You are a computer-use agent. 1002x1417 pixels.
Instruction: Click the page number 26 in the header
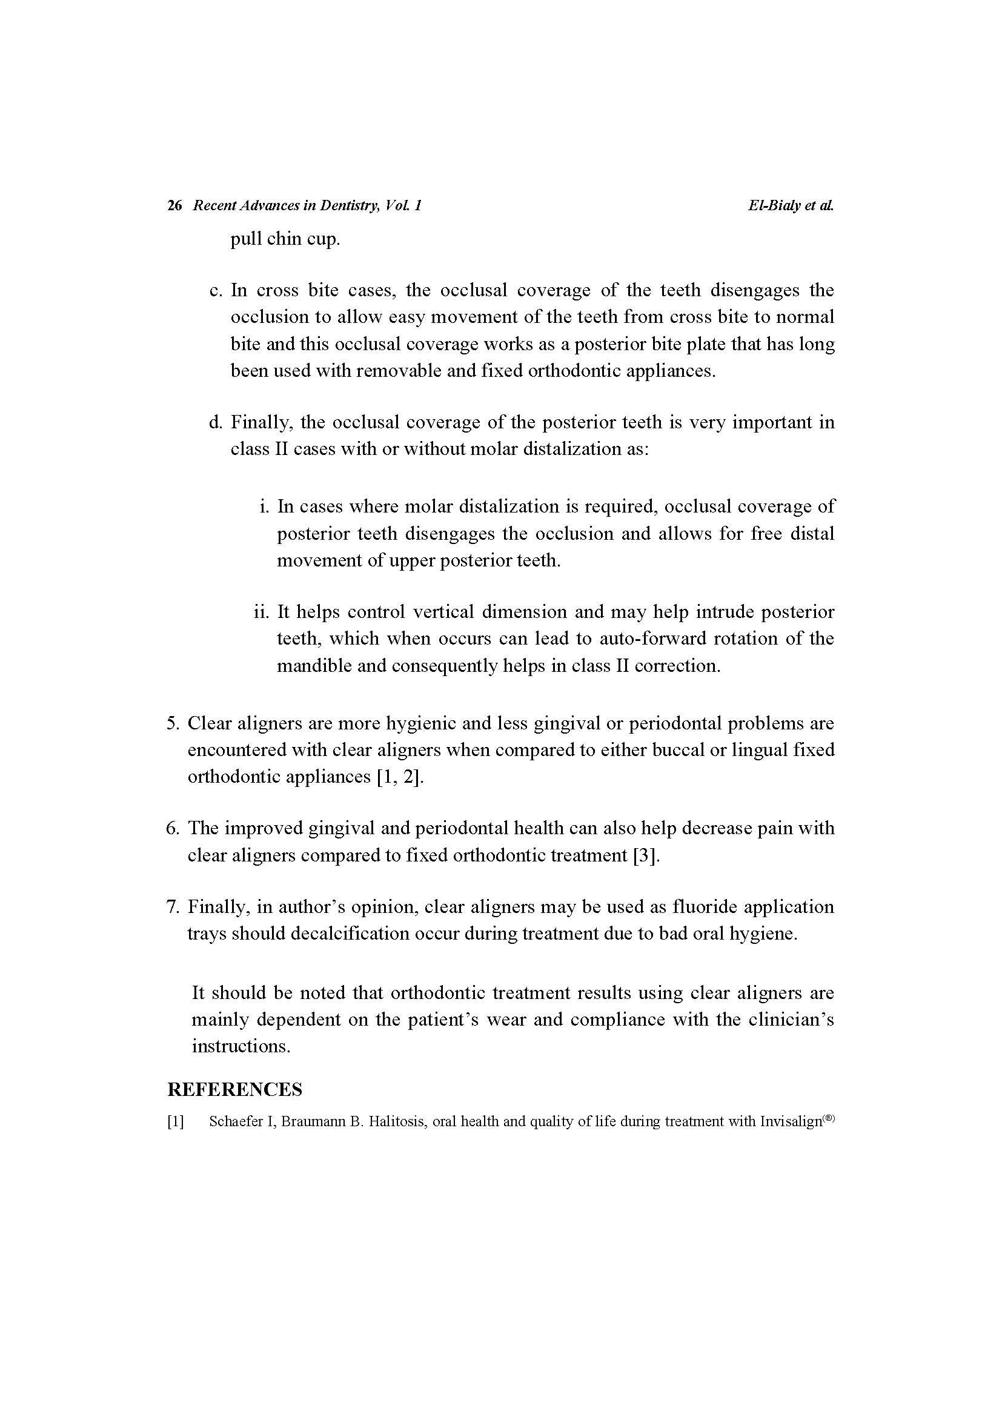(x=174, y=205)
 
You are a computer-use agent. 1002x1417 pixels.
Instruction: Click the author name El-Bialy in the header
(x=774, y=205)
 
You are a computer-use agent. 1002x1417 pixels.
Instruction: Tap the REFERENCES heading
(x=235, y=1089)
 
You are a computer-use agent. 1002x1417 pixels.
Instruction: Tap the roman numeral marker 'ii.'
(x=262, y=612)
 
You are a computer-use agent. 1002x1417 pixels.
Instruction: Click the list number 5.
(x=173, y=723)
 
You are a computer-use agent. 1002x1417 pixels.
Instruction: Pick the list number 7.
(x=173, y=908)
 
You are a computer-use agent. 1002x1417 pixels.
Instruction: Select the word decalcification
(x=348, y=934)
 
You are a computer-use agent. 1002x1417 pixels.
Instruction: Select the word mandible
(x=313, y=666)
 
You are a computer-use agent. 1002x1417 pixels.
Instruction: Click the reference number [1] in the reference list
(x=175, y=1122)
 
